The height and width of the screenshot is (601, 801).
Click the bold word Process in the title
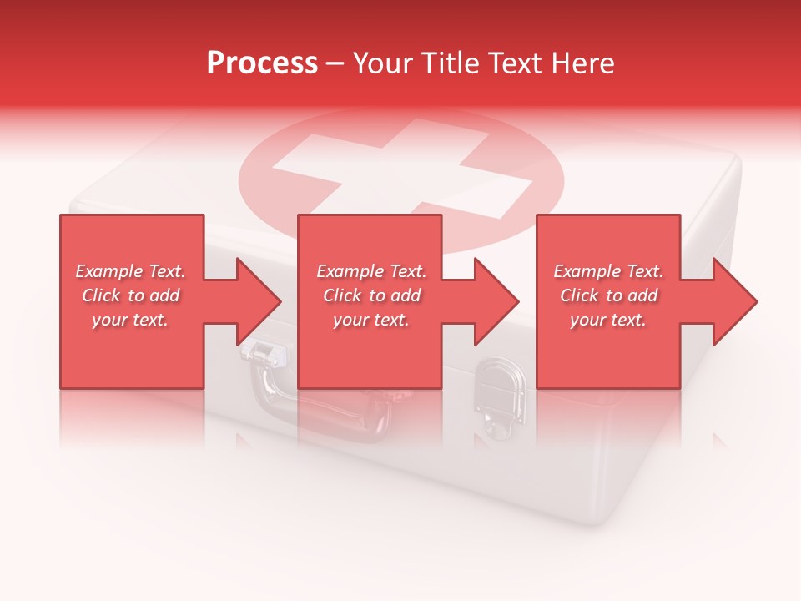[262, 63]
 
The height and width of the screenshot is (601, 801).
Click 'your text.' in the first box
[130, 320]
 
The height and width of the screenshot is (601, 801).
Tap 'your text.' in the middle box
[371, 320]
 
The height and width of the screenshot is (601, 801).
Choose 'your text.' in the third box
[608, 320]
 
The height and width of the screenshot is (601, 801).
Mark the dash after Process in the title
[335, 63]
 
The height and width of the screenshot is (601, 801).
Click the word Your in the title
[382, 63]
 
